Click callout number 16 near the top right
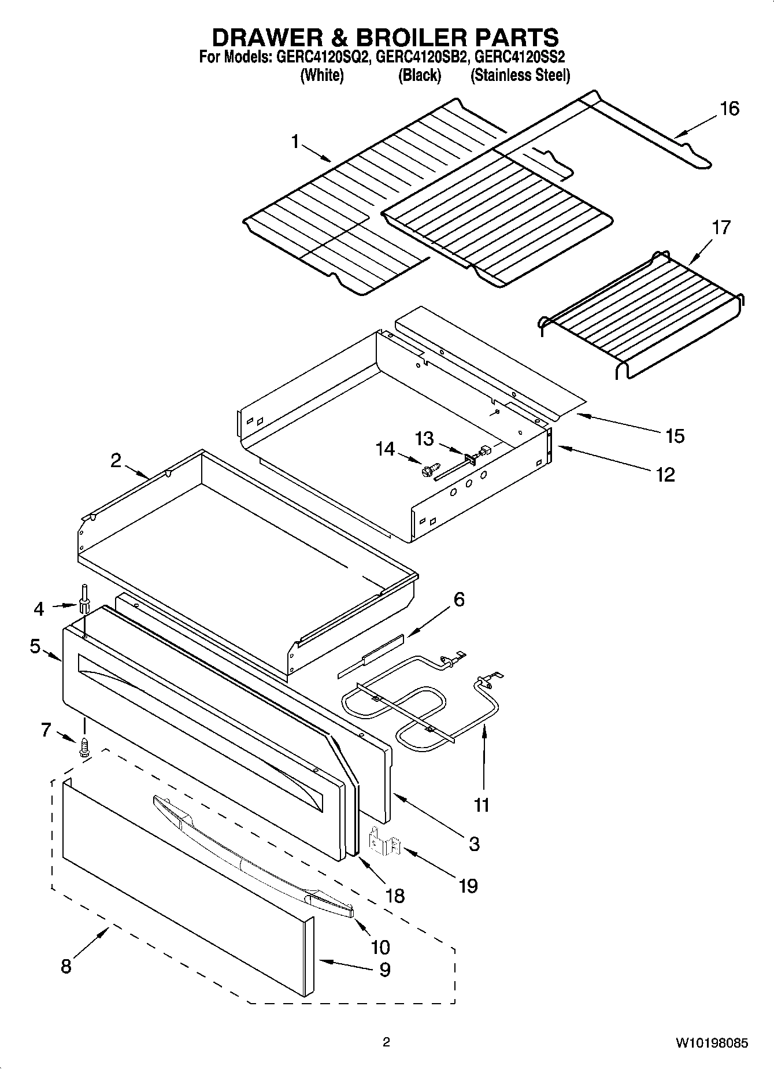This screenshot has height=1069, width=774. pyautogui.click(x=729, y=109)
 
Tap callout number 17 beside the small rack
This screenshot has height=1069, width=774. pyautogui.click(x=720, y=227)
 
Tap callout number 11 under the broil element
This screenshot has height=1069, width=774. pyautogui.click(x=481, y=804)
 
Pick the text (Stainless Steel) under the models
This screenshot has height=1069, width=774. pyautogui.click(x=520, y=75)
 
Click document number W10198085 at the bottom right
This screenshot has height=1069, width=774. pyautogui.click(x=711, y=1044)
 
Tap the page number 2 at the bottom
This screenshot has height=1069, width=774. pyautogui.click(x=386, y=1042)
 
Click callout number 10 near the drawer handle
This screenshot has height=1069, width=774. pyautogui.click(x=380, y=947)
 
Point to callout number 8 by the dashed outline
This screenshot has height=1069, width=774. pyautogui.click(x=66, y=966)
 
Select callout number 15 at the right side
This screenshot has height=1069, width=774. pyautogui.click(x=675, y=436)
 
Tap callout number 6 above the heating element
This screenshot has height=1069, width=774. pyautogui.click(x=458, y=599)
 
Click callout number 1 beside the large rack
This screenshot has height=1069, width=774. pyautogui.click(x=295, y=141)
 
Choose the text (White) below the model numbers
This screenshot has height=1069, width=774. pyautogui.click(x=322, y=75)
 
